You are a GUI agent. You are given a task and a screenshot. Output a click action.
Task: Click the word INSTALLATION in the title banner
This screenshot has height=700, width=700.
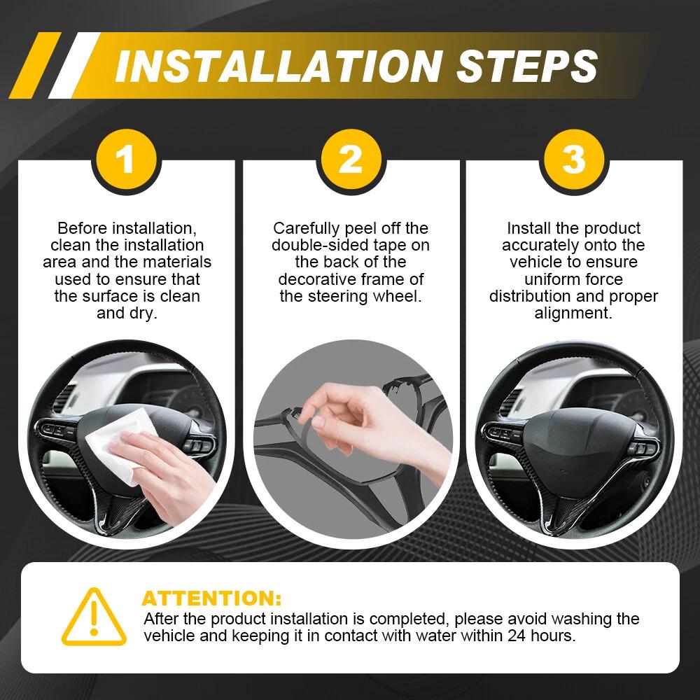point(279,66)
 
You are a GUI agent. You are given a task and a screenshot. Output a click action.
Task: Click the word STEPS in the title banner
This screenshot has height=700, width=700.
point(527,66)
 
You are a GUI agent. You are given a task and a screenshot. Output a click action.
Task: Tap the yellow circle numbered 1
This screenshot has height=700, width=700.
point(126,160)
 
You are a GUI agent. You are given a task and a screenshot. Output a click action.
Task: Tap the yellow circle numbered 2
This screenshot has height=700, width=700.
point(351,160)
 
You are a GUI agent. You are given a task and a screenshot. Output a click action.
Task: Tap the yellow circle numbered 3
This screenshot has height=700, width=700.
point(574,160)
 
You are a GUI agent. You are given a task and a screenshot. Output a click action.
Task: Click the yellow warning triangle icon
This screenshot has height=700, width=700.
point(94,617)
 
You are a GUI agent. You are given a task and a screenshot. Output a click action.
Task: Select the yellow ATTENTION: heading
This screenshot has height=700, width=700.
point(211,598)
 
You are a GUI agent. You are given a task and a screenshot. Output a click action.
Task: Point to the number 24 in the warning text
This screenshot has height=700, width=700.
point(517,636)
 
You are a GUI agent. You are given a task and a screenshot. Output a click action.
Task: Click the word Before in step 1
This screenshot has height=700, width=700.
point(83,228)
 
